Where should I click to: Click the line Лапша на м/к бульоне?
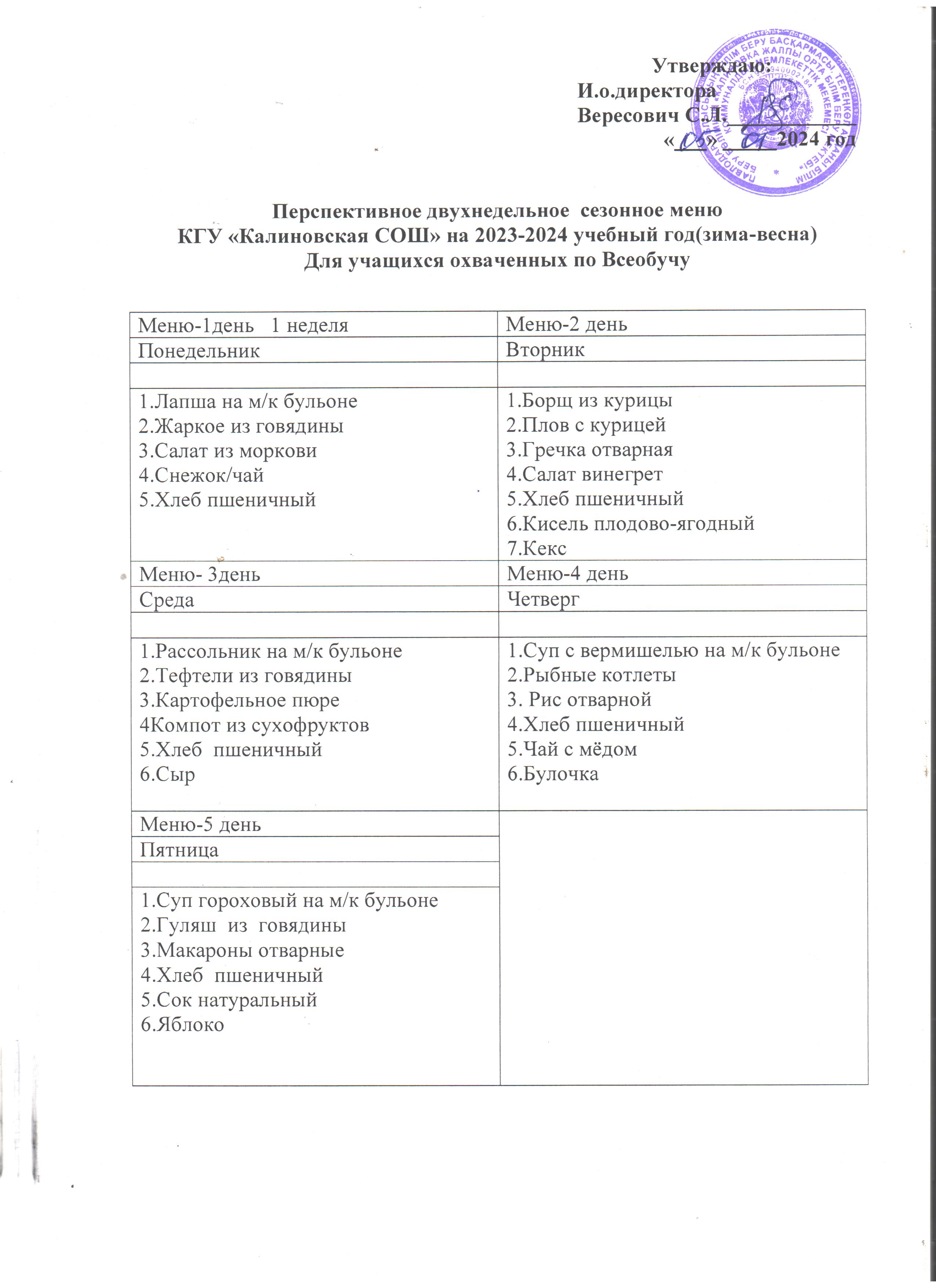coord(248,402)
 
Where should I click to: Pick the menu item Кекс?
coord(536,549)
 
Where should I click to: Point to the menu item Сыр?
coord(167,775)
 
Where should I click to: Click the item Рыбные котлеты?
coord(591,675)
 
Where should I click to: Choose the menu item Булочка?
coord(553,774)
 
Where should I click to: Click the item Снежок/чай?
coord(202,475)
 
